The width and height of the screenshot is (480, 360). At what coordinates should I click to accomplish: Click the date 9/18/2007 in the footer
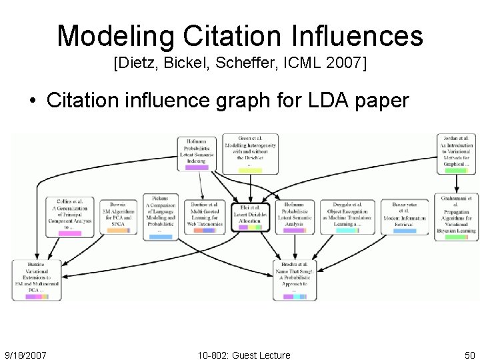pos(25,355)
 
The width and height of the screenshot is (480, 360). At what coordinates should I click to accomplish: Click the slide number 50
pos(469,355)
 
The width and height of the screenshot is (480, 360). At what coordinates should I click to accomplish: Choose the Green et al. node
pos(250,153)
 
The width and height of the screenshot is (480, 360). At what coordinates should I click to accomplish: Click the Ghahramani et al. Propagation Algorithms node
pos(456,216)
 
